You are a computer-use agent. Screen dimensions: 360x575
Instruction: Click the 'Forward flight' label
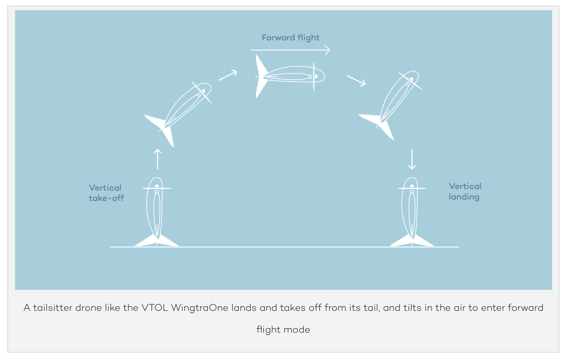[x=291, y=38]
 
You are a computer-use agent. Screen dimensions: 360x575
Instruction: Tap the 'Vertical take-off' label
[x=106, y=193]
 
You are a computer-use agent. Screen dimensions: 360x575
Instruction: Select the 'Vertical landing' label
[x=465, y=191]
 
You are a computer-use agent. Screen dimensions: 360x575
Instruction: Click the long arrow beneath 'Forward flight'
[x=290, y=50]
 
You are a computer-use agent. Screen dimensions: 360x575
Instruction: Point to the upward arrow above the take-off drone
[x=158, y=159]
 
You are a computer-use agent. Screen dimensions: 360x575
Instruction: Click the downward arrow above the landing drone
[x=412, y=159]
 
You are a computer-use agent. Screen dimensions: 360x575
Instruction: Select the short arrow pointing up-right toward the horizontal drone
[x=228, y=75]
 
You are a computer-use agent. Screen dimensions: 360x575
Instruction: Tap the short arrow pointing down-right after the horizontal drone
[x=356, y=81]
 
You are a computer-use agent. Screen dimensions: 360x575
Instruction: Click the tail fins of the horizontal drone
[x=261, y=77]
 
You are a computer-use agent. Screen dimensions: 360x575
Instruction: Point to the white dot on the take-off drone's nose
[x=157, y=185]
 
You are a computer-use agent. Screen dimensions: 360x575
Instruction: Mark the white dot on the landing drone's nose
[x=412, y=185]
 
